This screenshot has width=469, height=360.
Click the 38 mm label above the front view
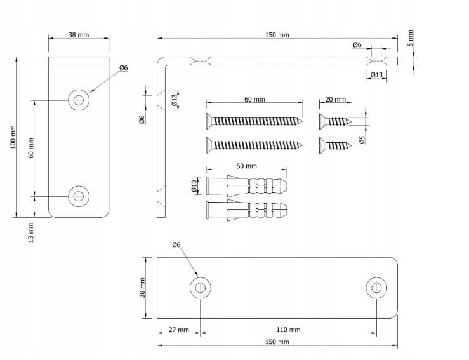(x=79, y=35)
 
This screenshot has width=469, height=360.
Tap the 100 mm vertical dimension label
(x=13, y=137)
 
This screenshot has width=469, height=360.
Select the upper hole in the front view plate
(x=79, y=100)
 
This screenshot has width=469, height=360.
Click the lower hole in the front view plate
(x=79, y=196)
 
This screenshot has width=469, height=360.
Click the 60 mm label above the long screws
(x=254, y=100)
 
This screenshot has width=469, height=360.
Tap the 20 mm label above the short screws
(x=334, y=100)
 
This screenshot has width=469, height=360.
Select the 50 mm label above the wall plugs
(x=246, y=166)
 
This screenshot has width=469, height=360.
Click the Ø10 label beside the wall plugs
(x=194, y=185)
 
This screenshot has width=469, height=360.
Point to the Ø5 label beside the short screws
(x=361, y=140)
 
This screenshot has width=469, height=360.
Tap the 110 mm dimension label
(x=289, y=330)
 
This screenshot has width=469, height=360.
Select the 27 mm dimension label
(x=178, y=330)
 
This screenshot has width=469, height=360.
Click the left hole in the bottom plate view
(x=200, y=288)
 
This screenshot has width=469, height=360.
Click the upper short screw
(x=335, y=121)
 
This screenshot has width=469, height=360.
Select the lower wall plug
(x=246, y=210)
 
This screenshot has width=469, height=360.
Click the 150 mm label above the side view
(x=277, y=35)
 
